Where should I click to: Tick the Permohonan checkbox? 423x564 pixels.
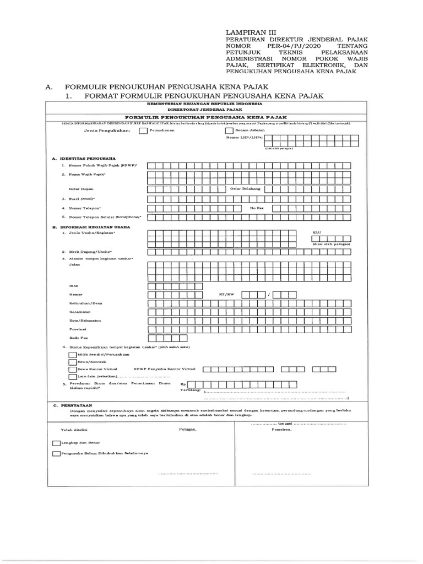pos(143,131)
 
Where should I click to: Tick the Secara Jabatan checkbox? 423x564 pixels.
pos(229,131)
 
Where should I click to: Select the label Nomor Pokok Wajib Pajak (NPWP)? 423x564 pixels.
pos(99,165)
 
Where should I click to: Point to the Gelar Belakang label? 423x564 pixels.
pos(245,188)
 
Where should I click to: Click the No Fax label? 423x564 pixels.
pos(257,208)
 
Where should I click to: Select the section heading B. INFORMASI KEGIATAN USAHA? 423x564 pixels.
pos(91,226)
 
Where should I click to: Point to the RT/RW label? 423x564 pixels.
pos(226,295)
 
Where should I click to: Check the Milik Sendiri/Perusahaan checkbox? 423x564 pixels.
pos(72,355)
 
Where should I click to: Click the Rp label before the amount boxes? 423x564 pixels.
pos(191,384)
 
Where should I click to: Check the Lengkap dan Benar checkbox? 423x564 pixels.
pos(56,442)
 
